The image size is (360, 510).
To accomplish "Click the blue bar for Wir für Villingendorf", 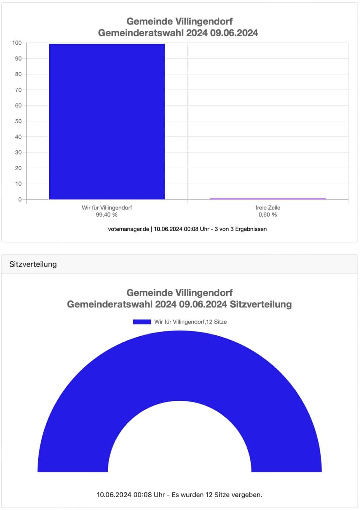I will click(107, 121).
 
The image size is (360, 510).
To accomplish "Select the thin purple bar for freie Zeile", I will click(268, 199).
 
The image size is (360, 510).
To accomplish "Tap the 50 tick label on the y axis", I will click(18, 121).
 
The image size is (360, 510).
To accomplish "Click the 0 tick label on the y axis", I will click(20, 200).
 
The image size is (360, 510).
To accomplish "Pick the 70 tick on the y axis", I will click(18, 90).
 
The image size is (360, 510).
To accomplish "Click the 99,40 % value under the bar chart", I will click(107, 215).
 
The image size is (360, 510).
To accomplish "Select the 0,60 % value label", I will click(268, 215).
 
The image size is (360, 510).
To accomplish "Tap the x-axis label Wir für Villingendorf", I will click(107, 208).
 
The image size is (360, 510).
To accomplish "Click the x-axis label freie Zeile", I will click(268, 208).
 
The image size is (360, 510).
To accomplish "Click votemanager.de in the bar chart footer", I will click(128, 229).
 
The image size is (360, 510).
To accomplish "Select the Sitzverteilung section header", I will click(33, 264).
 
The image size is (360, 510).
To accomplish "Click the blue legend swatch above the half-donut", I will click(142, 322).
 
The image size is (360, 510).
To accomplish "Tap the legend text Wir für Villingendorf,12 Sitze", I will click(191, 322).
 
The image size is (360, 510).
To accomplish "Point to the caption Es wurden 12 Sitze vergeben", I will click(217, 495).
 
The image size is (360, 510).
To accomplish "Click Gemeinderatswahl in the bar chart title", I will click(141, 33).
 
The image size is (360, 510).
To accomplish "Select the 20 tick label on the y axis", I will click(18, 168).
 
